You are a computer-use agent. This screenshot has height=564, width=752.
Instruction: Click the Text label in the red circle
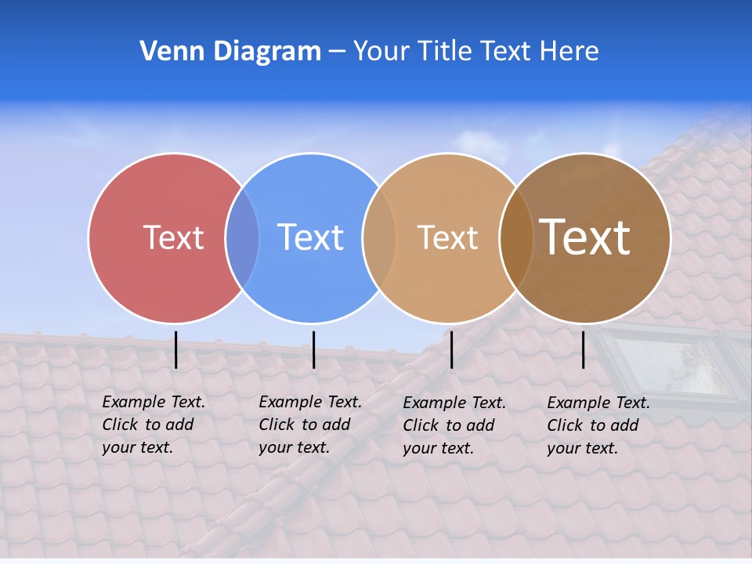pyautogui.click(x=173, y=237)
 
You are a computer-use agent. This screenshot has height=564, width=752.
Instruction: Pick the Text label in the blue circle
pyautogui.click(x=310, y=237)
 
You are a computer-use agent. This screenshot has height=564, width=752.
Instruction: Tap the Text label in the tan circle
pyautogui.click(x=447, y=237)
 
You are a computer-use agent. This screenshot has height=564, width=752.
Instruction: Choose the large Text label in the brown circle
pyautogui.click(x=584, y=237)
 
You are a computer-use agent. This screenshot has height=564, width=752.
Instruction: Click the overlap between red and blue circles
pyautogui.click(x=242, y=238)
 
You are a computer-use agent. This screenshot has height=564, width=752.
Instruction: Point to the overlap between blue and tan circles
pyautogui.click(x=380, y=238)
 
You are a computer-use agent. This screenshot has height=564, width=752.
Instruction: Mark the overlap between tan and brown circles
pyautogui.click(x=516, y=238)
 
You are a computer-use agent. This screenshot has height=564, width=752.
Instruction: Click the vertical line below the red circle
pyautogui.click(x=176, y=349)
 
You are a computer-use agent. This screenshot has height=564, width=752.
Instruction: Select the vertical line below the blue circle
pyautogui.click(x=313, y=349)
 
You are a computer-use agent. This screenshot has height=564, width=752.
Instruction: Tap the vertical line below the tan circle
pyautogui.click(x=451, y=349)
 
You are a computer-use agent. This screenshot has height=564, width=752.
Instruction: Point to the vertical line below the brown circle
pyautogui.click(x=584, y=349)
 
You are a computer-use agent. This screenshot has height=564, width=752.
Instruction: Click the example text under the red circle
pyautogui.click(x=153, y=425)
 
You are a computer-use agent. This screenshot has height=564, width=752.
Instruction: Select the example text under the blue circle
pyautogui.click(x=309, y=425)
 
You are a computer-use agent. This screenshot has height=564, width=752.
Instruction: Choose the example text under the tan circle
pyautogui.click(x=454, y=425)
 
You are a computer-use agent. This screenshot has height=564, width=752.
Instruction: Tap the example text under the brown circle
pyautogui.click(x=598, y=425)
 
